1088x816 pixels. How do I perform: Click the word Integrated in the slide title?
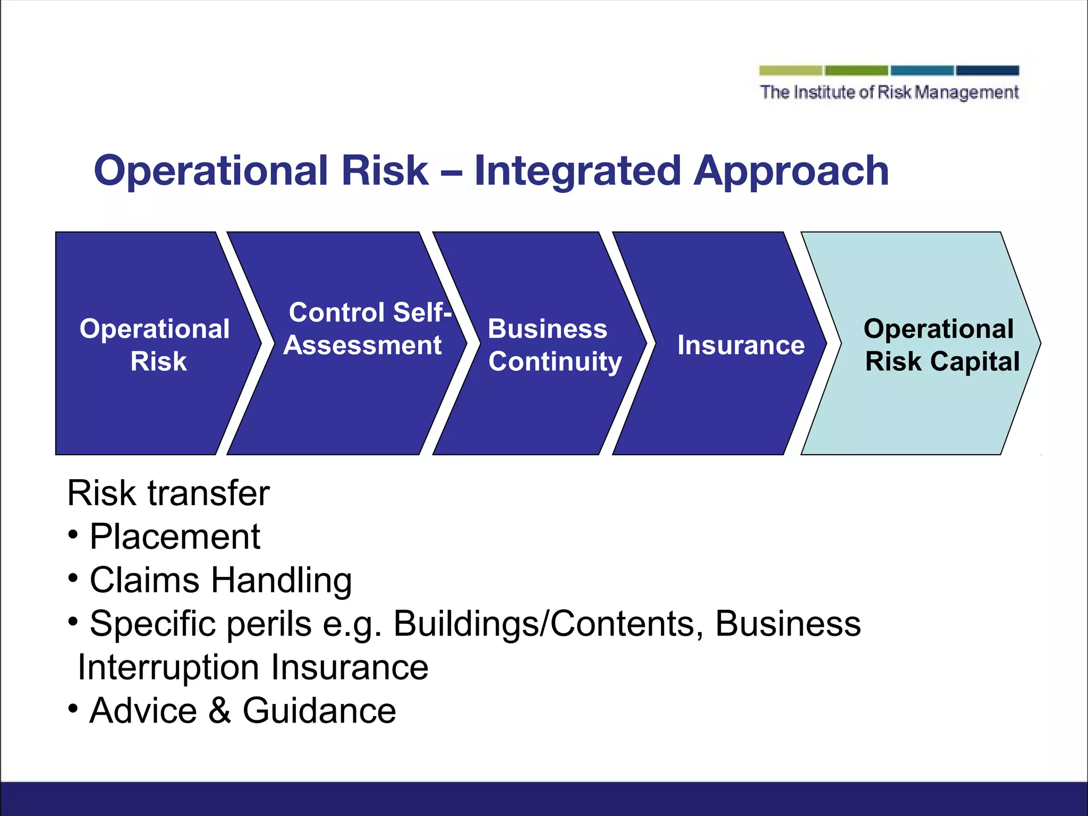click(x=577, y=171)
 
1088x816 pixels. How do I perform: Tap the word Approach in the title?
click(x=791, y=171)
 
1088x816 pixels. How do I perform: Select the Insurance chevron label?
click(x=741, y=345)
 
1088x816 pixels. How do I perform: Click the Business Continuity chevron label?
click(x=554, y=345)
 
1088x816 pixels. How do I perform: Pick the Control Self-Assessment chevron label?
click(x=367, y=329)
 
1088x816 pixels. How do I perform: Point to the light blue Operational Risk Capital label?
click(x=941, y=345)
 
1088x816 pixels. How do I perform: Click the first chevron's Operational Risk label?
click(x=155, y=345)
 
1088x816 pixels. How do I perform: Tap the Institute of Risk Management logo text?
click(x=889, y=92)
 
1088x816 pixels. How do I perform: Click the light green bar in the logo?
click(x=790, y=71)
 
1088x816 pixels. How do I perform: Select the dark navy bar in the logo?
click(x=987, y=71)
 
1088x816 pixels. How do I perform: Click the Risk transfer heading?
click(x=168, y=494)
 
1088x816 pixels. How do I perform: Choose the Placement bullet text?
click(x=175, y=537)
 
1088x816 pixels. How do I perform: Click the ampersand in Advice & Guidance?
click(x=219, y=711)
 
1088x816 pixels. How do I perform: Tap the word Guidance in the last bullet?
click(x=319, y=711)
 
